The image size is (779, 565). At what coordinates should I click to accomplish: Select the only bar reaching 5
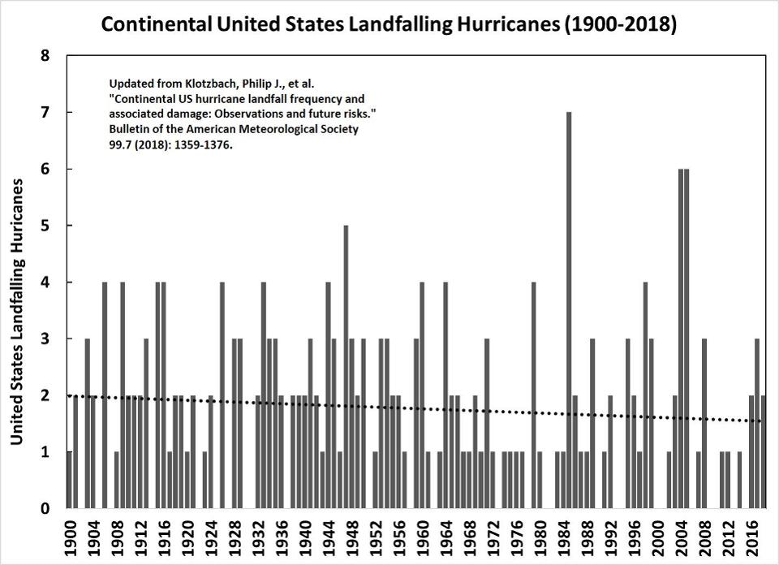tap(346, 365)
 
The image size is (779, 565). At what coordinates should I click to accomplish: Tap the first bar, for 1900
tap(70, 480)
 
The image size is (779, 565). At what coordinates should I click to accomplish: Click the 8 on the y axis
tap(45, 56)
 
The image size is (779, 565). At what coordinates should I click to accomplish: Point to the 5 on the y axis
tap(45, 226)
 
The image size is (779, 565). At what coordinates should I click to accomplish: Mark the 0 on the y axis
tap(45, 509)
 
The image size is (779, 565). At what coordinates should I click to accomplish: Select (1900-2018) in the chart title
tap(618, 25)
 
